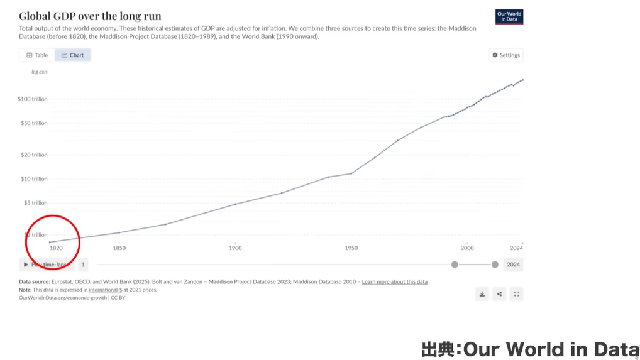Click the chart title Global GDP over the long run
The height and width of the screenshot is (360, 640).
pyautogui.click(x=90, y=16)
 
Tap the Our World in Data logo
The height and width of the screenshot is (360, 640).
pyautogui.click(x=509, y=17)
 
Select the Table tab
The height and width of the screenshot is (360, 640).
pyautogui.click(x=37, y=55)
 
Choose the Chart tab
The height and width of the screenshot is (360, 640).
pyautogui.click(x=73, y=55)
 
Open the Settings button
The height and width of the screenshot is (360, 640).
pyautogui.click(x=505, y=55)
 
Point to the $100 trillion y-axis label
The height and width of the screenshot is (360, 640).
pyautogui.click(x=33, y=99)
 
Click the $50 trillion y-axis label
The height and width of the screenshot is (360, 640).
pyautogui.click(x=34, y=123)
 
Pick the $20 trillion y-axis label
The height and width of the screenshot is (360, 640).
pyautogui.click(x=34, y=155)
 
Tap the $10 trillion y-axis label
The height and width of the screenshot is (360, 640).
pyautogui.click(x=34, y=179)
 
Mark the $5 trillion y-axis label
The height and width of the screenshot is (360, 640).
pyautogui.click(x=35, y=203)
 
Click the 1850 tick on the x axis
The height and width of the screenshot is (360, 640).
pyautogui.click(x=119, y=248)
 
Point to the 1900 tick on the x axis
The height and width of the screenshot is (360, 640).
pyautogui.click(x=235, y=248)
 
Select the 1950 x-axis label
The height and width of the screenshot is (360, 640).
pyautogui.click(x=351, y=248)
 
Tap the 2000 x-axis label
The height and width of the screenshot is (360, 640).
pyautogui.click(x=467, y=248)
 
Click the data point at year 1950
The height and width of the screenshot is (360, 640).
pyautogui.click(x=351, y=173)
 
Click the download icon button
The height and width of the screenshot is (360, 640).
pyautogui.click(x=482, y=293)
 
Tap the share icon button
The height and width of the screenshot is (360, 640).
pyautogui.click(x=499, y=293)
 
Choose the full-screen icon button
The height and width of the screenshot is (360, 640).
pyautogui.click(x=516, y=293)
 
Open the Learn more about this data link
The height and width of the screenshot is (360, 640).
pyautogui.click(x=395, y=282)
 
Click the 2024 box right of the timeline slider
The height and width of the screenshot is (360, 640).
pyautogui.click(x=514, y=265)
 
